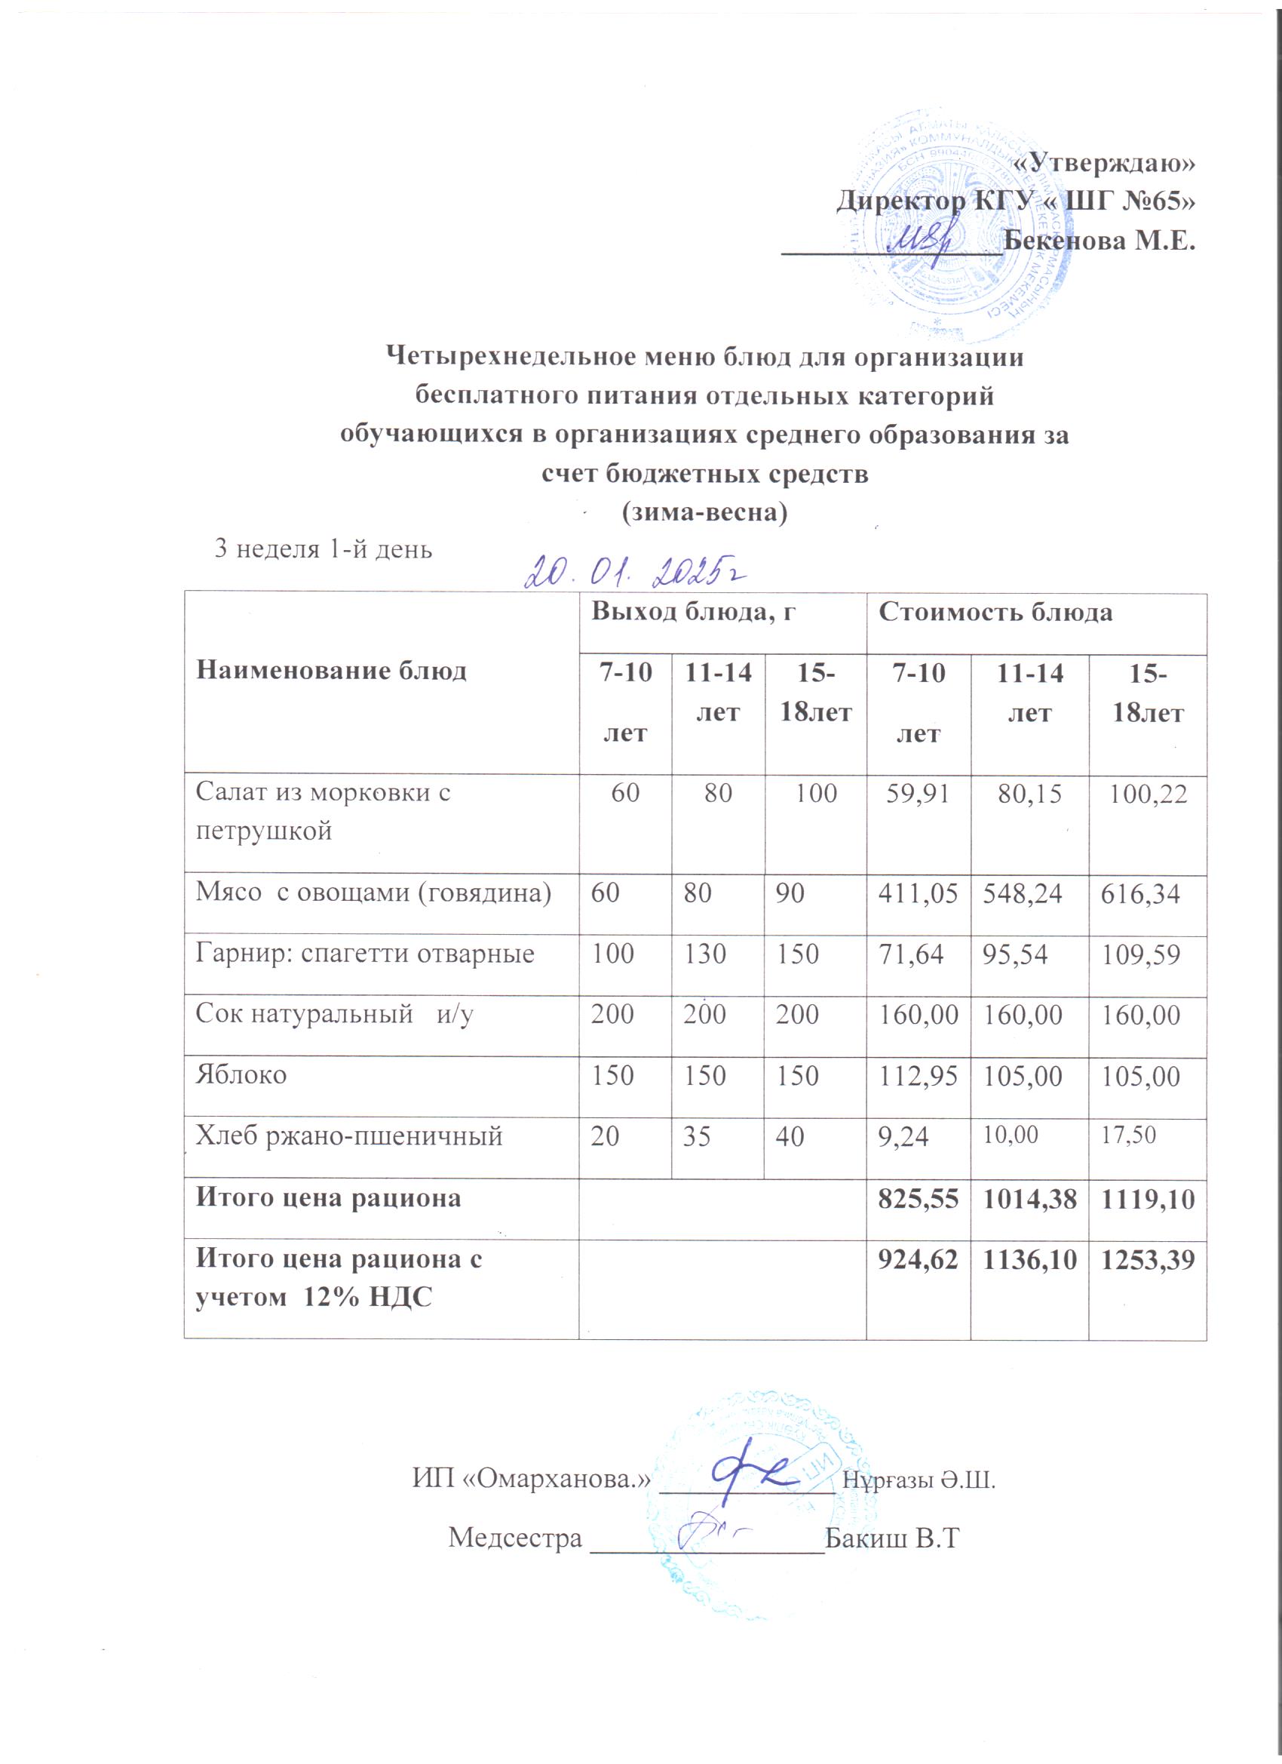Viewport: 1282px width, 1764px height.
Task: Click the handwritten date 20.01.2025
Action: point(634,572)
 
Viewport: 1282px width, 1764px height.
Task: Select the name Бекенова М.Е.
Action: point(1099,241)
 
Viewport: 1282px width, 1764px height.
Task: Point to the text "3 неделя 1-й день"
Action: point(323,549)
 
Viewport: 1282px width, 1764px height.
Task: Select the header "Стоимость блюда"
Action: point(995,612)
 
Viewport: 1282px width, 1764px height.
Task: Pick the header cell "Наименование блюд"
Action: point(331,670)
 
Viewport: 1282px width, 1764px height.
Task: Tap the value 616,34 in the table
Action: point(1140,894)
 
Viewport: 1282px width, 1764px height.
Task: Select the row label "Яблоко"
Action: point(241,1075)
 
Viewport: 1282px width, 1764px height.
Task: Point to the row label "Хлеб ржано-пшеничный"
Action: point(349,1136)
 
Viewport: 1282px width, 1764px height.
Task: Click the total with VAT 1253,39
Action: point(1147,1259)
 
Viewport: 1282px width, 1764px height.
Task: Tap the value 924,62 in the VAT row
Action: point(917,1259)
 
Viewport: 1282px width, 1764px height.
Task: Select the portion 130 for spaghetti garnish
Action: point(705,954)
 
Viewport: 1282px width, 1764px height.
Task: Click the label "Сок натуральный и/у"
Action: point(334,1014)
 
